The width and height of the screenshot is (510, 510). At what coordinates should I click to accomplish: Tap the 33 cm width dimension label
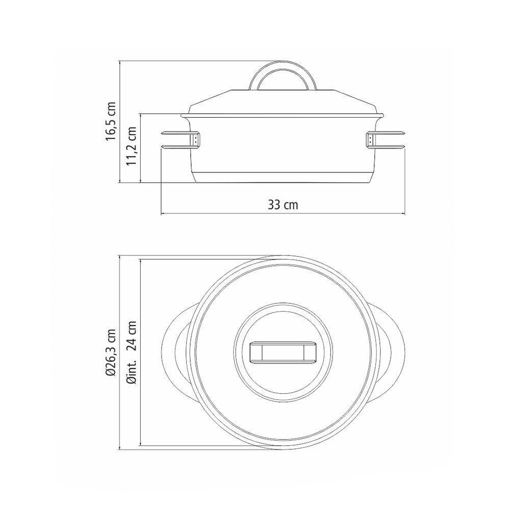[x=283, y=205]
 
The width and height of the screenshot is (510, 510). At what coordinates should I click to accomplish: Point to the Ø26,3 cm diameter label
[x=111, y=352]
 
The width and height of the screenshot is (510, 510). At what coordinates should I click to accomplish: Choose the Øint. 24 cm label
[x=132, y=352]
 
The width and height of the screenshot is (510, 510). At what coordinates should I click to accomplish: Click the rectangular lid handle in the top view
[x=283, y=352]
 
